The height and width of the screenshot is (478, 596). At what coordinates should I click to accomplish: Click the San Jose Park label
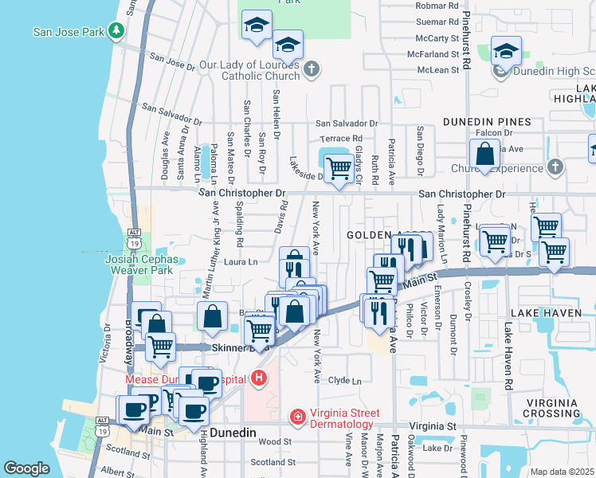point(69,32)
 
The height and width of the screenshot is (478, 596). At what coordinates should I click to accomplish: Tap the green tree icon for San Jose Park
point(117,31)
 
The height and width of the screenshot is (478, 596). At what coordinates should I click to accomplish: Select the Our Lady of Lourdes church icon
point(311,70)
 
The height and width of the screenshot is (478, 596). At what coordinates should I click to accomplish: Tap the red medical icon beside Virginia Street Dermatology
point(296,415)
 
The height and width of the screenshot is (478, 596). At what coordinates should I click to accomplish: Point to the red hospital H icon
point(257,378)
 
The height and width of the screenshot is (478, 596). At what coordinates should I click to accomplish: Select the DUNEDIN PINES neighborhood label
point(488,122)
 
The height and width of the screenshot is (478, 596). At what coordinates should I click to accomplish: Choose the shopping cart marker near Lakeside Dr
point(339,168)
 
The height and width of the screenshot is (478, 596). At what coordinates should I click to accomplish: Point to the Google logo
point(26,468)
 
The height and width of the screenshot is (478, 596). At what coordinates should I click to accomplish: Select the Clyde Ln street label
point(344,381)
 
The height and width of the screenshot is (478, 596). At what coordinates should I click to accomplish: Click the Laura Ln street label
point(241,261)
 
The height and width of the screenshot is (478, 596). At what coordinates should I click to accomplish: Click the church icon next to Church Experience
point(555,167)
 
